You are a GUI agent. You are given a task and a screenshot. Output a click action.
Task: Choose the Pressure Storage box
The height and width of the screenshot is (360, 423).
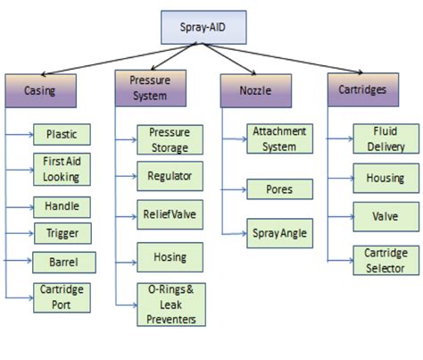170,139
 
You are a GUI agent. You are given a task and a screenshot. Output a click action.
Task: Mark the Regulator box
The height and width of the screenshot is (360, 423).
170,175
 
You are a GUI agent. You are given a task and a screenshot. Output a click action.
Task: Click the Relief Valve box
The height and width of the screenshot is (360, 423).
170,215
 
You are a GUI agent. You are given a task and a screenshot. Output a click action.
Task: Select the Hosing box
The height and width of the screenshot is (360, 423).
170,257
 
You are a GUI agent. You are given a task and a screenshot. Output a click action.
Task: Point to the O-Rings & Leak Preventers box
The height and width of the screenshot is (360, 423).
170,305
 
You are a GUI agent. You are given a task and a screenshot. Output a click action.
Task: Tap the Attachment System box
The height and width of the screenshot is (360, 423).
278,138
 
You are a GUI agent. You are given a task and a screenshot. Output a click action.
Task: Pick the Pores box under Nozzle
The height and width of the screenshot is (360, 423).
278,189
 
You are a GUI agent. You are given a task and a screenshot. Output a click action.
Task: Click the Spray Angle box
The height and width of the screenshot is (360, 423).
278,232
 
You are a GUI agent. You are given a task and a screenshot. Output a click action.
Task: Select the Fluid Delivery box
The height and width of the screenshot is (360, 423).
385,138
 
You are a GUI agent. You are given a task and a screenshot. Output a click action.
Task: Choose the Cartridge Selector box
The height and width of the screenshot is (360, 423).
385,260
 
